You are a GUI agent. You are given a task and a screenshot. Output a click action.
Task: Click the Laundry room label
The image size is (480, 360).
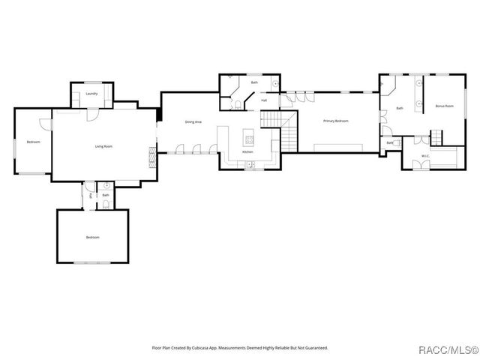coord(91,94)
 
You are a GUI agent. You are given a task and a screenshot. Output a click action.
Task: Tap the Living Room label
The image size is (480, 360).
coord(103,146)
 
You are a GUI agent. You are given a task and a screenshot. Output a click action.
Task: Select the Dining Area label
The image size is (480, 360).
coord(193,121)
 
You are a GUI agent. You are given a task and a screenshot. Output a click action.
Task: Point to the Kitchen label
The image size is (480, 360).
coord(247,152)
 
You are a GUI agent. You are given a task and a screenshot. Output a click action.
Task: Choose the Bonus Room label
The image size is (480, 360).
coord(444,106)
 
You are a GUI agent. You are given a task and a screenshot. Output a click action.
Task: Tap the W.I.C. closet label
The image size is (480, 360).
coord(424,156)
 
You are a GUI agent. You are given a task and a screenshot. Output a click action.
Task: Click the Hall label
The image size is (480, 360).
coord(264,100)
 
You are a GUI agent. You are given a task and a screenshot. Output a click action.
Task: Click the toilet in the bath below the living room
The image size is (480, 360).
coord(106,204)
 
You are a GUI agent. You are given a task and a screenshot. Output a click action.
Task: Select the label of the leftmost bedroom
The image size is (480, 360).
coord(33,142)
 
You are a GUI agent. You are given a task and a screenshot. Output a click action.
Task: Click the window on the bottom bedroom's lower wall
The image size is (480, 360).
coord(91,262)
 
